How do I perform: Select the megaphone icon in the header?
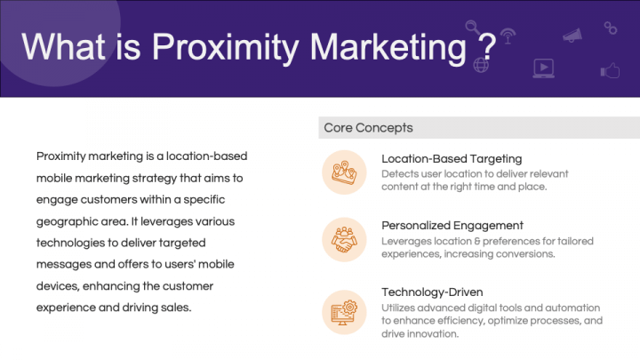click(572, 35)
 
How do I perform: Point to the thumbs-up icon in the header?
click(610, 70)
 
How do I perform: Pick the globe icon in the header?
click(484, 66)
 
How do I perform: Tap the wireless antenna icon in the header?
click(508, 36)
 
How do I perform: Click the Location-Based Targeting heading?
click(452, 159)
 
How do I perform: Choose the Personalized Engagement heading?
click(452, 225)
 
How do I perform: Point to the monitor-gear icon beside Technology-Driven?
click(343, 311)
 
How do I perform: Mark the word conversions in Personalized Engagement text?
click(525, 254)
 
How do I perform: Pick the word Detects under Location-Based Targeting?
click(400, 173)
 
